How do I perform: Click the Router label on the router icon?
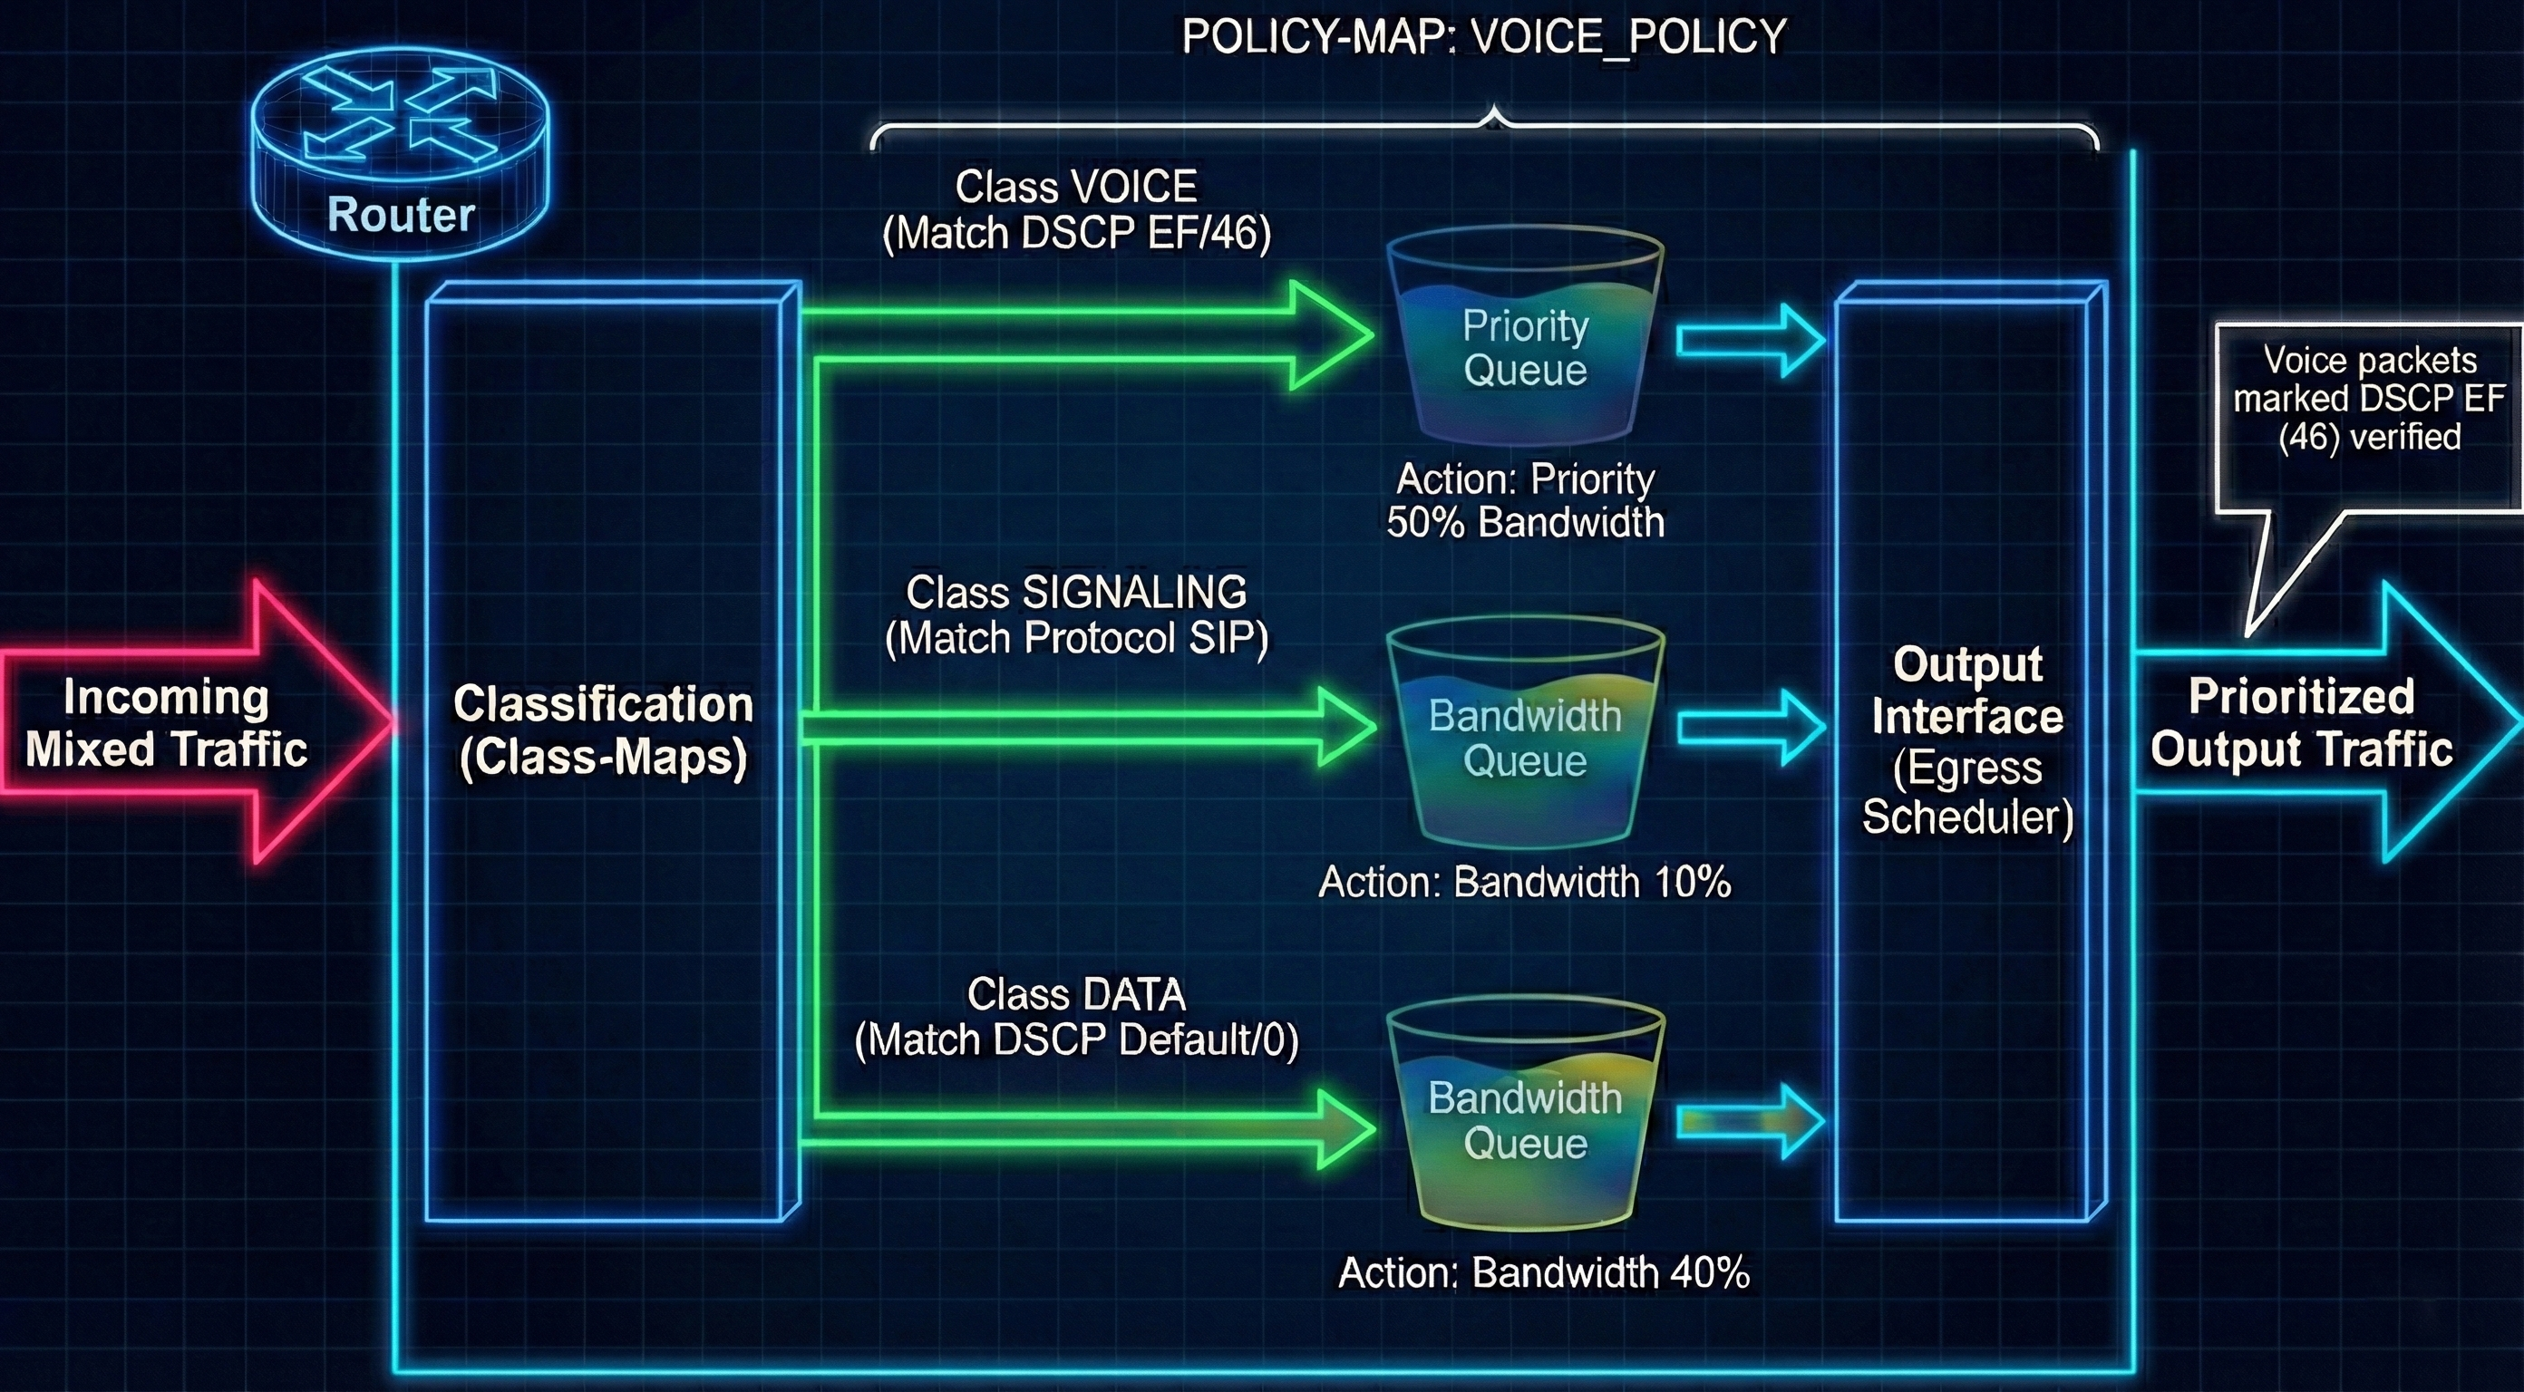[x=401, y=215]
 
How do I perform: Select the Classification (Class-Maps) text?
[x=604, y=729]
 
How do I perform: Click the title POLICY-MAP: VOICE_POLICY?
[x=1483, y=37]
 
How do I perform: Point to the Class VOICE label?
[x=1076, y=187]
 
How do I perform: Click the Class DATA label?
[x=1076, y=994]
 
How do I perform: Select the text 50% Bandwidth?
[x=1525, y=522]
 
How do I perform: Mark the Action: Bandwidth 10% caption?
[x=1525, y=883]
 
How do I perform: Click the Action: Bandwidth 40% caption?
[x=1544, y=1272]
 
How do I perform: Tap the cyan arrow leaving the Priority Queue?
[x=1750, y=341]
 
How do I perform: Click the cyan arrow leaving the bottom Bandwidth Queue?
[x=1750, y=1121]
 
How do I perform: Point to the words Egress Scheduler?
[x=1966, y=792]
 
